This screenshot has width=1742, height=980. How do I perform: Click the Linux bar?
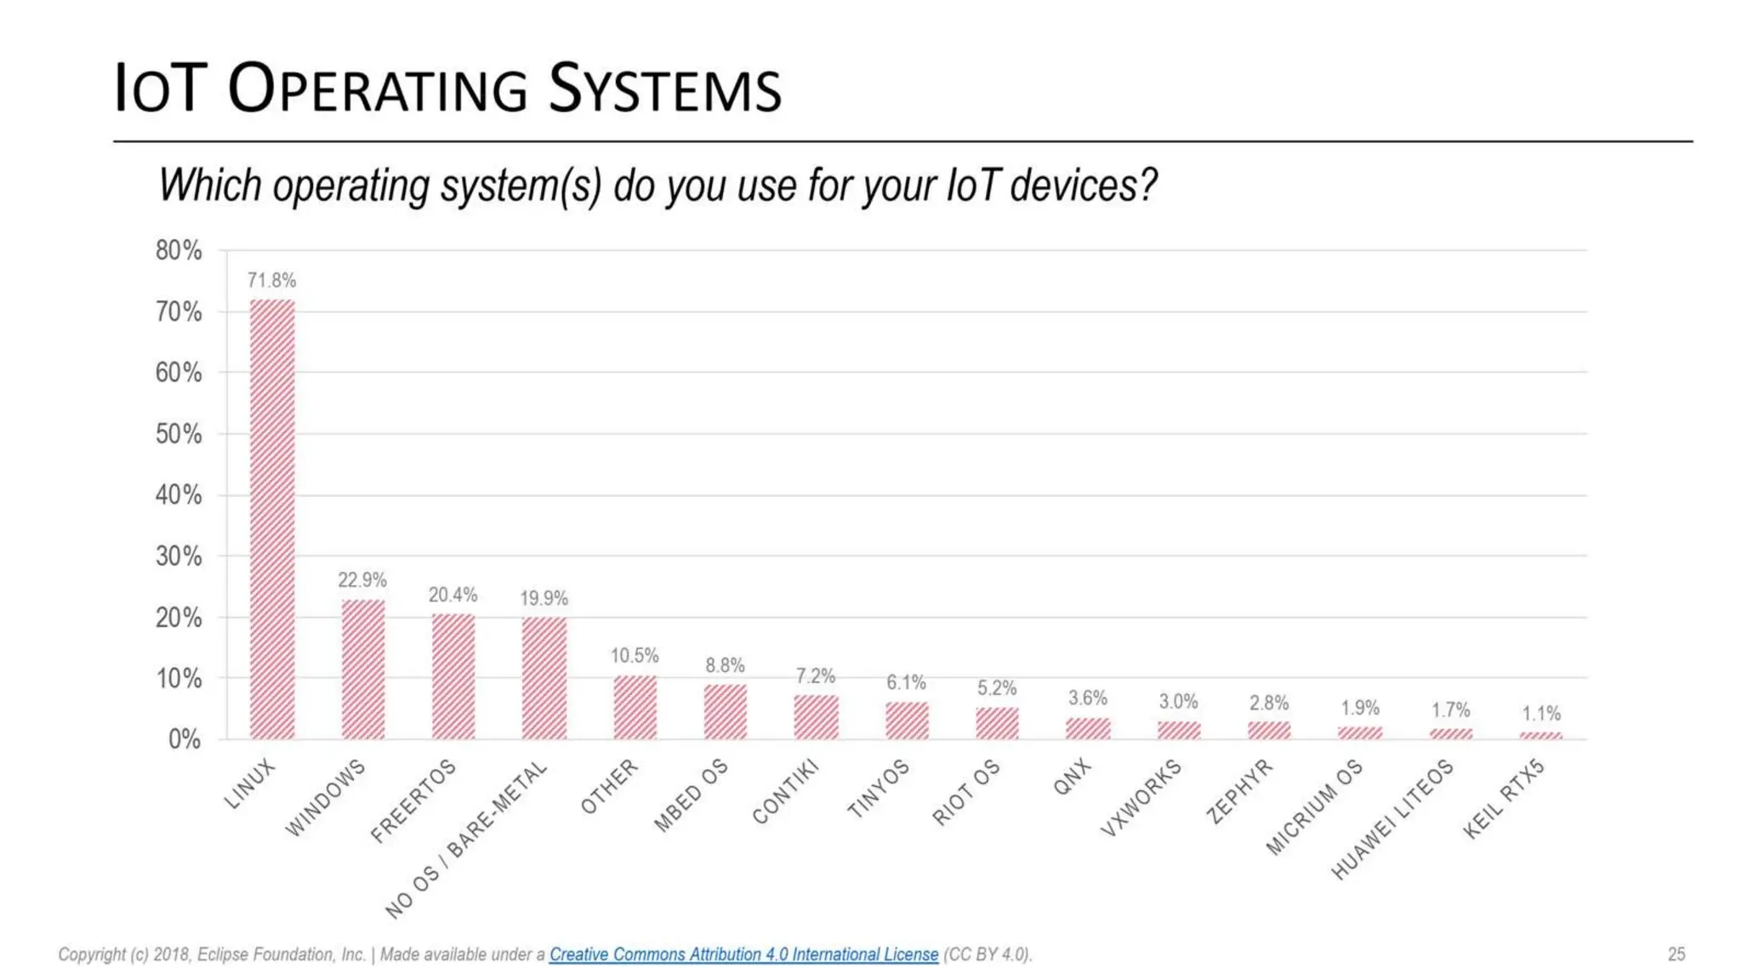point(272,519)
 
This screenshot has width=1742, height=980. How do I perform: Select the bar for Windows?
point(363,669)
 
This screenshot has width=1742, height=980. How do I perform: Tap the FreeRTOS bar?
point(453,676)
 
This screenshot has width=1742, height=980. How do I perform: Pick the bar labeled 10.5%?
point(635,707)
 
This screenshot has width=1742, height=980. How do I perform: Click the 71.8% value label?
point(271,280)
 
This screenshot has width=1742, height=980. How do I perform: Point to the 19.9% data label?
point(544,598)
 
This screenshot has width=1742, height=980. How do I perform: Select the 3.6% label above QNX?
point(1088,698)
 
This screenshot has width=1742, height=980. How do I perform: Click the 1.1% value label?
point(1541,713)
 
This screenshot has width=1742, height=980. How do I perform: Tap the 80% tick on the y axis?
point(179,250)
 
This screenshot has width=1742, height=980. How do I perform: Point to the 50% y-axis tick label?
point(179,434)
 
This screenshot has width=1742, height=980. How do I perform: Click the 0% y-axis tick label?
point(185,739)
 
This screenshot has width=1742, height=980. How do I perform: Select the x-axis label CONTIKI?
point(786,791)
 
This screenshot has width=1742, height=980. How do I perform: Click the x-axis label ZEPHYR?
point(1239,791)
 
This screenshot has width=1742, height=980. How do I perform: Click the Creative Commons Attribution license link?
point(743,954)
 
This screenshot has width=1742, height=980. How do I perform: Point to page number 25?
point(1676,954)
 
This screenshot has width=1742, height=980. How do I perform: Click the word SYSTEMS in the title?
point(664,89)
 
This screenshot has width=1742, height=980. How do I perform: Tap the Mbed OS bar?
point(726,712)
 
